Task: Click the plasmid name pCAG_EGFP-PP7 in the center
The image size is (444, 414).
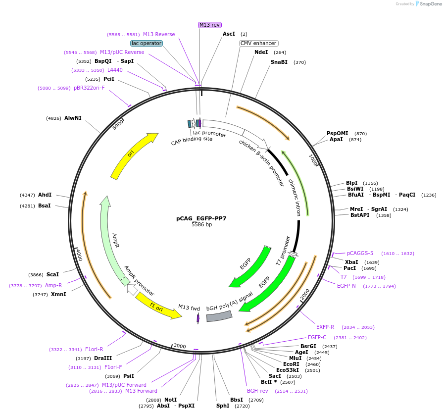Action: (201, 218)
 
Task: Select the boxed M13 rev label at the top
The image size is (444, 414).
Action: (209, 25)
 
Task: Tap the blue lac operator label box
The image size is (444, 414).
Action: (147, 43)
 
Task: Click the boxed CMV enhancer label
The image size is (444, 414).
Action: (258, 43)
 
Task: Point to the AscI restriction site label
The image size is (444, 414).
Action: (229, 34)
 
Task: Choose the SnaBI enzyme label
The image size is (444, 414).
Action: (279, 62)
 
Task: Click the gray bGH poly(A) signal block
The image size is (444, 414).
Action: (219, 316)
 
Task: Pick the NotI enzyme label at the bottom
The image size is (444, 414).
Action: (170, 400)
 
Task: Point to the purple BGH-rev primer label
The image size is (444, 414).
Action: (257, 391)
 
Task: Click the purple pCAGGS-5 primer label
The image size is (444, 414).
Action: (360, 254)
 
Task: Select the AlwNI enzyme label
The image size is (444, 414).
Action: (73, 118)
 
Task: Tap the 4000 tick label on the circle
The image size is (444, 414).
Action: (79, 255)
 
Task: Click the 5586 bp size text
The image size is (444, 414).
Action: (201, 224)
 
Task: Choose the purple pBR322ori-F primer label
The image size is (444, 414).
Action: (89, 88)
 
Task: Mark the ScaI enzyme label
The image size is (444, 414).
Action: (52, 274)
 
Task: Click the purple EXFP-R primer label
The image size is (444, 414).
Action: (325, 327)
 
